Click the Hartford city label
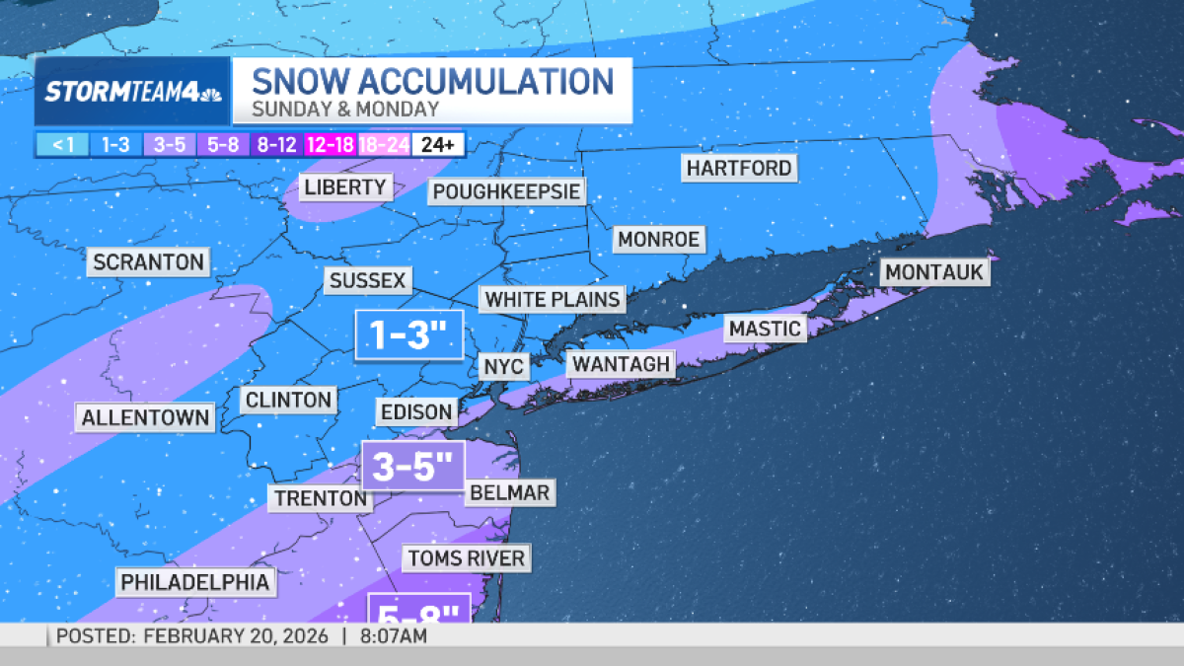coord(740,169)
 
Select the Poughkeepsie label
coord(506,191)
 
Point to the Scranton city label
coord(149,262)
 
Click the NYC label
coord(504,367)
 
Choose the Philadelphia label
coord(194,582)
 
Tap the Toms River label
coord(466,558)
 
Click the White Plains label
coord(553,299)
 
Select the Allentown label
coord(145,417)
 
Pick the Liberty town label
coord(344,186)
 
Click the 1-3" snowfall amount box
coord(408,336)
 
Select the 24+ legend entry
coord(438,145)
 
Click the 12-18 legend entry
coord(331,145)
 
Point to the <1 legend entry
coord(62,145)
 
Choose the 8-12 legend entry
coord(276,145)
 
